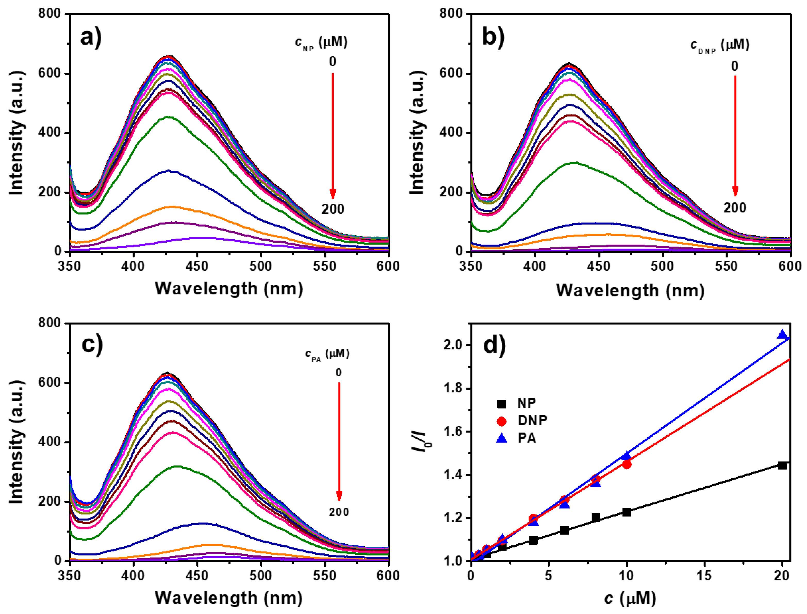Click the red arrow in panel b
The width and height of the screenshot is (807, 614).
click(735, 135)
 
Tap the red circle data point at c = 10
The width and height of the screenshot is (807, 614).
click(627, 464)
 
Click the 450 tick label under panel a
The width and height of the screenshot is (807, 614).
click(197, 266)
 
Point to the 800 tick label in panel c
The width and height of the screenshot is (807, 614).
click(50, 323)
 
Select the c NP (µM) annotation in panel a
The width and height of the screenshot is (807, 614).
click(321, 43)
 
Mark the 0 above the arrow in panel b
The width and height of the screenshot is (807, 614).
click(734, 66)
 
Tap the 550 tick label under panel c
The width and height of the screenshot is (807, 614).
click(324, 576)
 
